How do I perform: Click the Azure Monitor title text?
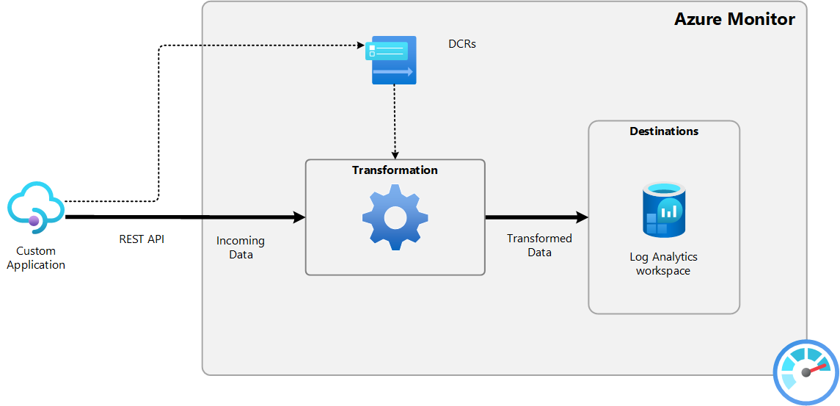coord(734,19)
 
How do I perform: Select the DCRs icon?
coord(392,59)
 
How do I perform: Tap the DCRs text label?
coord(462,44)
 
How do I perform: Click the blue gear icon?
coord(395,217)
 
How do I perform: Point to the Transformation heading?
coord(395,170)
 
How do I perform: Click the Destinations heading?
coord(664,131)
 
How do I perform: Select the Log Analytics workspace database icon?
coord(663,211)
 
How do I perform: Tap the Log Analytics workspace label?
coord(663,264)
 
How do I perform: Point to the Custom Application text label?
coord(36,258)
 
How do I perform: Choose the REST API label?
coord(142,239)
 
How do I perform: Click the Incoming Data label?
coord(241,247)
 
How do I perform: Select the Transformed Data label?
coord(539,245)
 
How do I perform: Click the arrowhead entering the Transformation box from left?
coord(299,217)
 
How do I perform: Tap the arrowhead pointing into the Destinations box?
coord(582,217)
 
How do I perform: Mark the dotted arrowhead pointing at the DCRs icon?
coord(361,46)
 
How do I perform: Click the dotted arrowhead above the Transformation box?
coord(395,155)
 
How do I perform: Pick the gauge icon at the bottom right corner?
coord(806,371)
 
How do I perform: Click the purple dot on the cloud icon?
coord(34,220)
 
